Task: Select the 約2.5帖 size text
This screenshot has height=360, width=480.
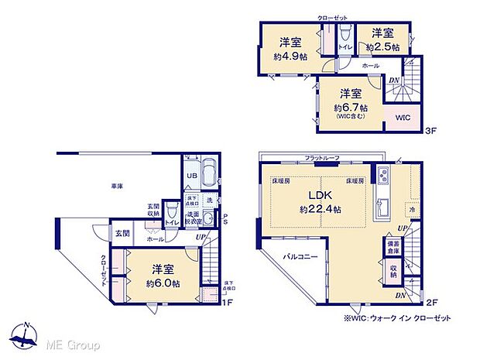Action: tap(384, 47)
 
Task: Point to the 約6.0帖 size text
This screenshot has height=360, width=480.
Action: tap(160, 284)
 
